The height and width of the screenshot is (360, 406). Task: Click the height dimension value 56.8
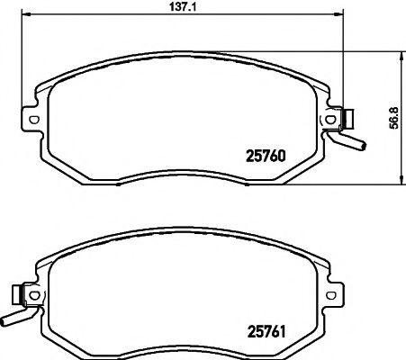(x=394, y=118)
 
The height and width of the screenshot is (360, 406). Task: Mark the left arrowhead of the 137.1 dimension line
(x=26, y=15)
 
